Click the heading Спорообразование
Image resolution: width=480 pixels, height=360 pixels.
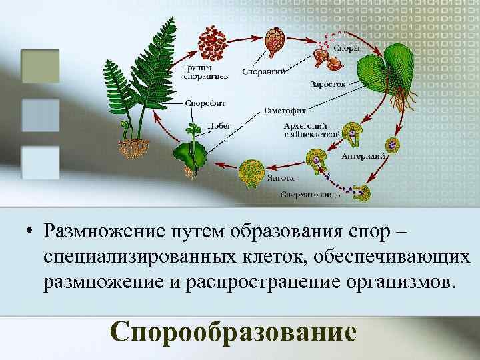pos(233,332)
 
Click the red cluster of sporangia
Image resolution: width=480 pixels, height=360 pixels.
pos(213,43)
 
